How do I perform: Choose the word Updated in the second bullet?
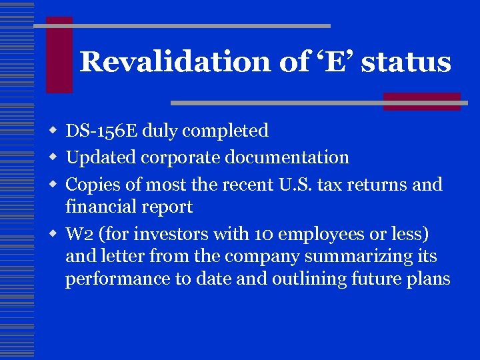[x=100, y=157]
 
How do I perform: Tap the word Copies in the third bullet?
[x=91, y=184]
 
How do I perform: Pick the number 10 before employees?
[x=264, y=235]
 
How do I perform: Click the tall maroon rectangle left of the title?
[x=59, y=55]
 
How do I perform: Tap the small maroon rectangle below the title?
[x=421, y=101]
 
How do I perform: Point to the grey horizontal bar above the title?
[x=182, y=26]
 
